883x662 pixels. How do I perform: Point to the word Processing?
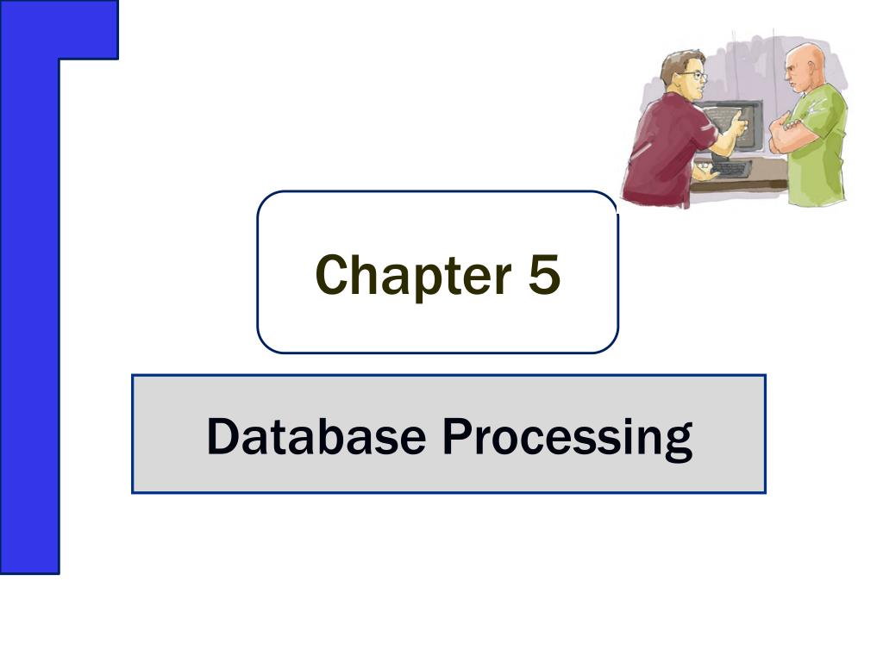coord(567,437)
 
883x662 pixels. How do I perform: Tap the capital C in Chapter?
coord(331,275)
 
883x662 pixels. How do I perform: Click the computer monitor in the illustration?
coord(733,125)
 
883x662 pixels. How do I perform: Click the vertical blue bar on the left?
coord(30,302)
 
